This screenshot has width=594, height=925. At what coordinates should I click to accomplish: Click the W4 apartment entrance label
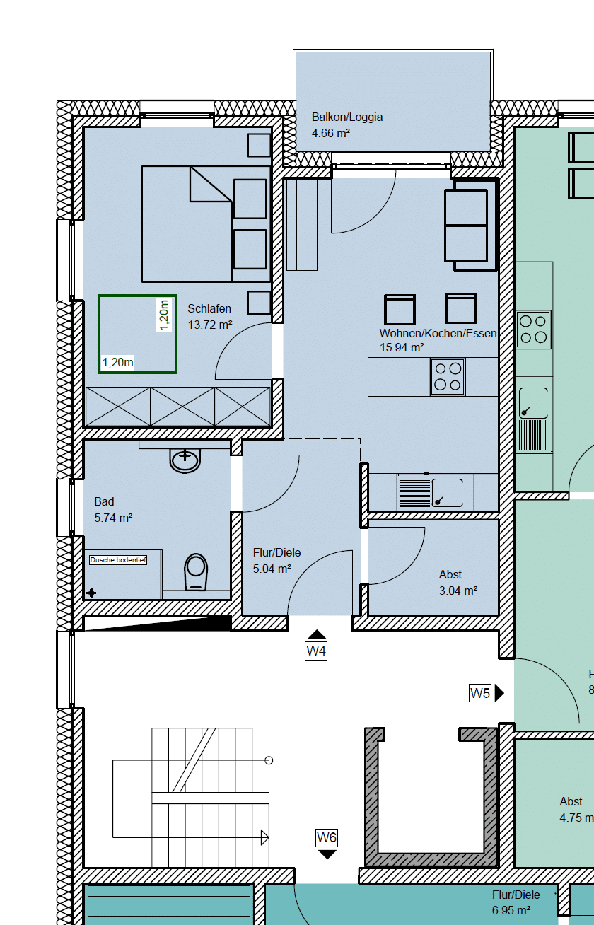coord(316,651)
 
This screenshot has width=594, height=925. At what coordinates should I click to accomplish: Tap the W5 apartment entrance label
coord(480,693)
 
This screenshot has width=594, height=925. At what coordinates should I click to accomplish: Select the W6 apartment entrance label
coord(327,838)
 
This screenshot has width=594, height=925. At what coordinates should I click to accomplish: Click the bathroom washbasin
coord(186,460)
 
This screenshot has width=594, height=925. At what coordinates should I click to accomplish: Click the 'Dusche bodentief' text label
coord(118,560)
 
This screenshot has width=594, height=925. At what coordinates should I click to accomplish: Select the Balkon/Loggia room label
coord(347,117)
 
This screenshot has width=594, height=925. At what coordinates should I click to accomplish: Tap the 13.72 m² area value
coord(210,325)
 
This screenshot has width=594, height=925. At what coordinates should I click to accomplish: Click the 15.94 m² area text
coord(402,347)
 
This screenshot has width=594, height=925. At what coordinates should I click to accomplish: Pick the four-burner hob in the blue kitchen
coord(448,377)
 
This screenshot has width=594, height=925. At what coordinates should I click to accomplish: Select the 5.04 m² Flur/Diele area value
coord(272,568)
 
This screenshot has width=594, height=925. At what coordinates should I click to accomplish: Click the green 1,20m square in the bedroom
coord(137,334)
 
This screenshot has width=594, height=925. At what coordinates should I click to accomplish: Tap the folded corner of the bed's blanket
coord(208,185)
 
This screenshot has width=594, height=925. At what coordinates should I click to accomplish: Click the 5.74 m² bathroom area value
coord(113,518)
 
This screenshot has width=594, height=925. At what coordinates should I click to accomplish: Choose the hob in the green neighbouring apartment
coord(533,330)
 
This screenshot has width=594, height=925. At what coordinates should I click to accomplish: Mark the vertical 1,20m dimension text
coord(164,315)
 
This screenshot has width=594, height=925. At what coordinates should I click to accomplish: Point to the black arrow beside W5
coord(499,693)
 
